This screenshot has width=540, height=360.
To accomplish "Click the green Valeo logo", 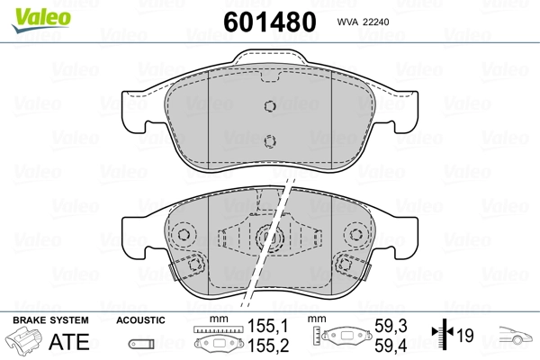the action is (x=41, y=20).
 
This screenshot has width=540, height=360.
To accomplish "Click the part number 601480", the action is (x=270, y=22).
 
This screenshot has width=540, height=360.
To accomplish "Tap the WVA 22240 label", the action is (x=363, y=22).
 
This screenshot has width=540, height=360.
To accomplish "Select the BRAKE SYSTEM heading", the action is (x=50, y=320).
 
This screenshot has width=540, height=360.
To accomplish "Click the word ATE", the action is (x=69, y=341).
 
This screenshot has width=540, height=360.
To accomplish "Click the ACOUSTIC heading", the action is (x=140, y=320).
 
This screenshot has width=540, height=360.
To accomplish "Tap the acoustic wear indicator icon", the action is (x=141, y=344).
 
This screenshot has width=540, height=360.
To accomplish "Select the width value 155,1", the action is (x=268, y=326).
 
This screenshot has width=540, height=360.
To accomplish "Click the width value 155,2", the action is (x=268, y=346).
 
